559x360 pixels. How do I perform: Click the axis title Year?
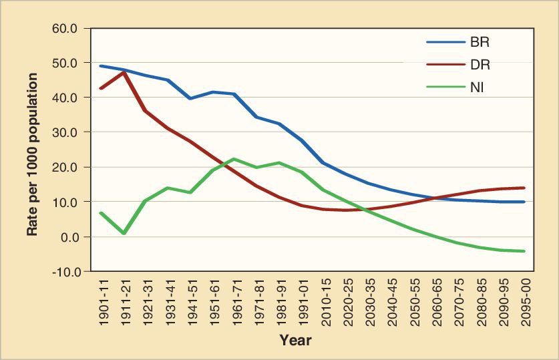pos(295,341)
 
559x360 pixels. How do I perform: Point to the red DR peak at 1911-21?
pos(124,71)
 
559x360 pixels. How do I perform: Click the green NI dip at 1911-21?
pos(124,233)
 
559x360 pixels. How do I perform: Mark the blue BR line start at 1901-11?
pos(101,65)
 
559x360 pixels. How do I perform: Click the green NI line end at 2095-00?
pos(525,251)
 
